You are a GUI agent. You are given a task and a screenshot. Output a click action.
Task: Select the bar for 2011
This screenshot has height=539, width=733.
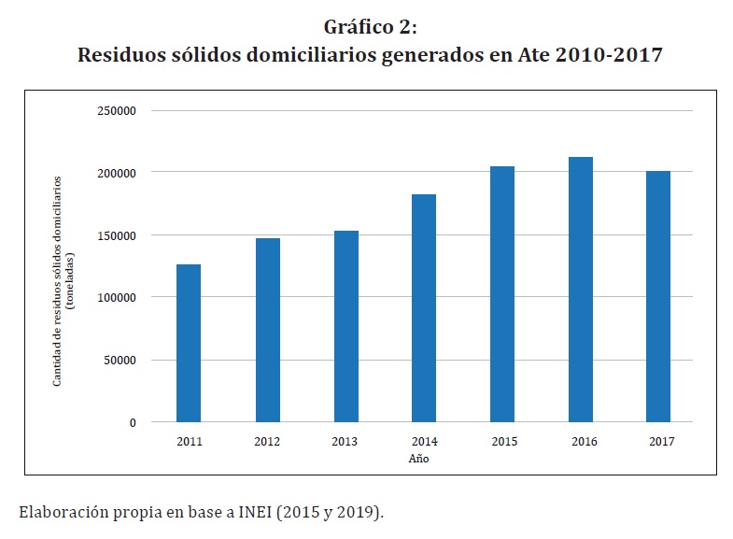click(x=189, y=343)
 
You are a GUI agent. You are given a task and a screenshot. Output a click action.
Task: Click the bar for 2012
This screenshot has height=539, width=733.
click(x=267, y=330)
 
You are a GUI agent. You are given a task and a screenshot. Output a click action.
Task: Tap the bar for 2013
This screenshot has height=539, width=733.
click(x=345, y=326)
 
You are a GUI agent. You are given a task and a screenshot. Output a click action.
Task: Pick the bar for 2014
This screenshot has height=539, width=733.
click(x=424, y=308)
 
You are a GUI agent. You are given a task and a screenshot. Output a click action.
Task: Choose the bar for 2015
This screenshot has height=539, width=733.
click(x=502, y=294)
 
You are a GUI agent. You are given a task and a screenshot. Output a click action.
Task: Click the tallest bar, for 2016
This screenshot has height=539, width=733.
click(x=581, y=290)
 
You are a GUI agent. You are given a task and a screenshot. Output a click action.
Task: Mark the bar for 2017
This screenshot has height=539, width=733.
click(x=658, y=296)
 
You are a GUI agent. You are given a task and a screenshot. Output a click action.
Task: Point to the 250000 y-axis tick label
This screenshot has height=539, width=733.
click(x=117, y=111)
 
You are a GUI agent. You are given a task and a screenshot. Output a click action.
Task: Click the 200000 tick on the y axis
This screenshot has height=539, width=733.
click(x=117, y=173)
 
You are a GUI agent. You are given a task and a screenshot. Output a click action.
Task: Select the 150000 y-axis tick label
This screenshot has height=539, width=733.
click(x=117, y=235)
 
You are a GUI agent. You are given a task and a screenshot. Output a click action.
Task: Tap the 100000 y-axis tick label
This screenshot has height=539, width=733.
click(x=117, y=297)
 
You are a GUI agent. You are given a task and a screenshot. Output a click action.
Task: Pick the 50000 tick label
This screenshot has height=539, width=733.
click(x=120, y=360)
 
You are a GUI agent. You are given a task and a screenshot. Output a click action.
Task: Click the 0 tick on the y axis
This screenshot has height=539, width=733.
click(x=133, y=422)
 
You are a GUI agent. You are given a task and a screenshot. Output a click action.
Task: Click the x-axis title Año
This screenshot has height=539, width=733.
click(x=419, y=459)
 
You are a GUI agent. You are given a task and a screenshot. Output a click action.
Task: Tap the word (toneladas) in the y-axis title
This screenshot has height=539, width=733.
click(x=68, y=270)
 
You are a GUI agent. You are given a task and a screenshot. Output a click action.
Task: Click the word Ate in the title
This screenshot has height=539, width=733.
click(x=532, y=55)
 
